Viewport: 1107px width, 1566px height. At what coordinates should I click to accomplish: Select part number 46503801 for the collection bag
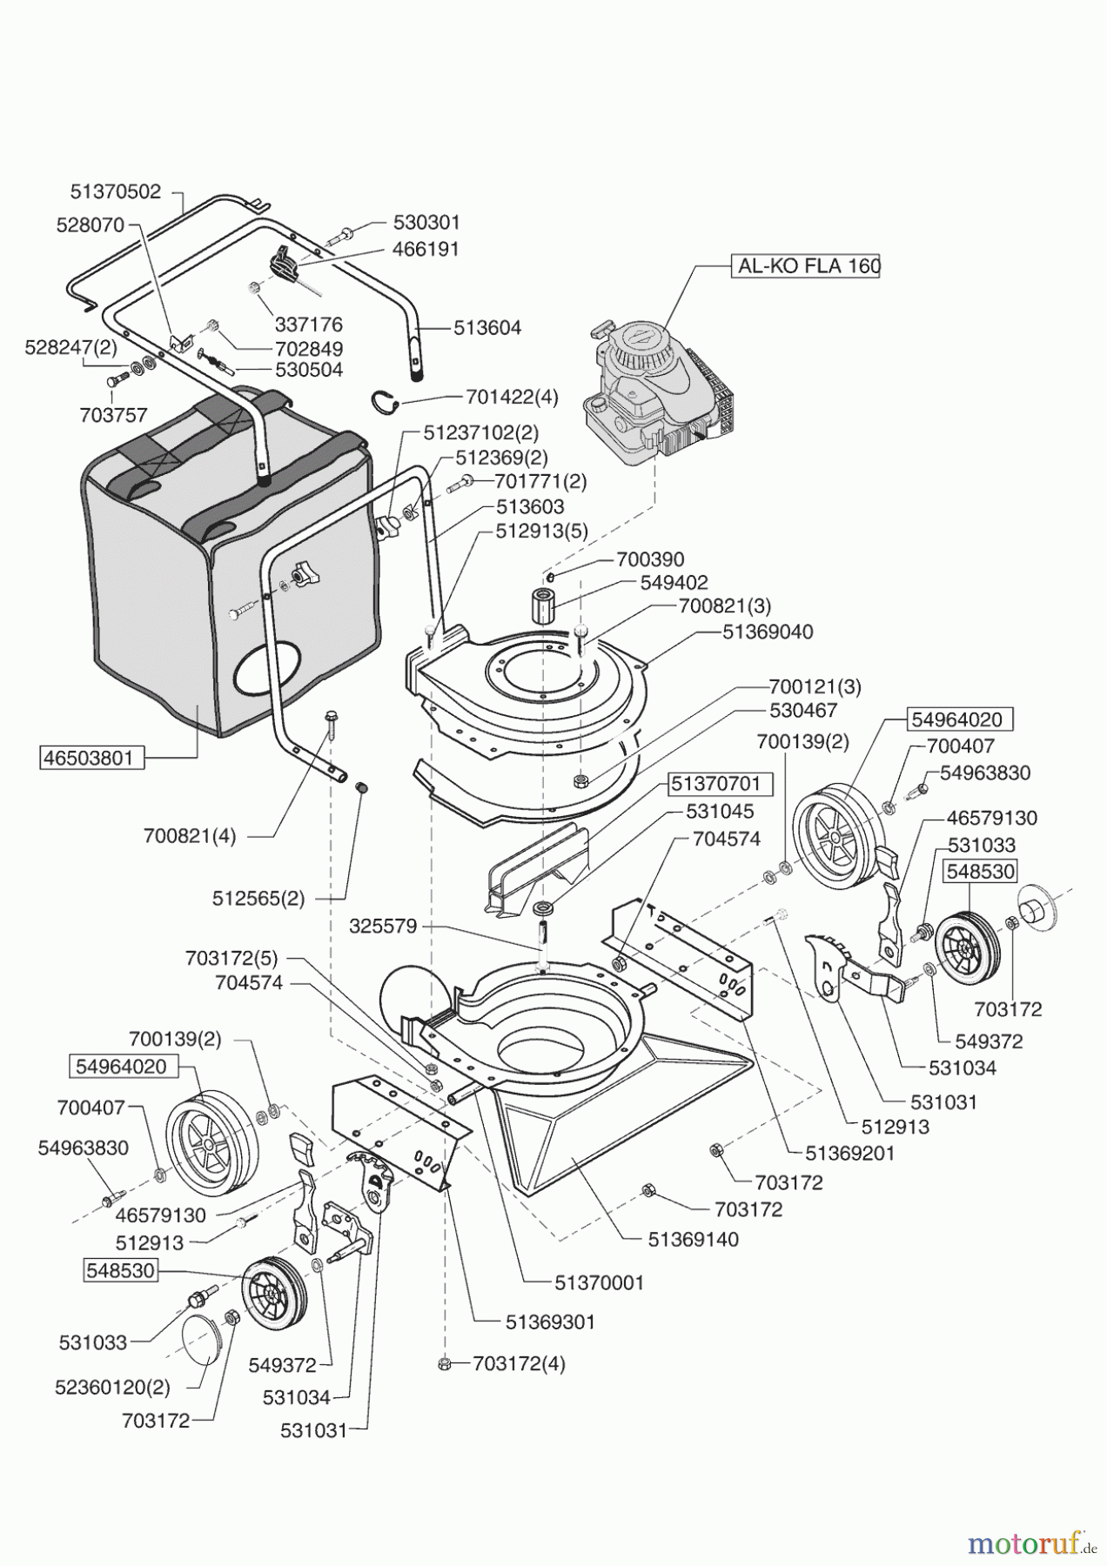click(x=91, y=758)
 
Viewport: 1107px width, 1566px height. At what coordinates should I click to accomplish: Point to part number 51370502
click(x=116, y=192)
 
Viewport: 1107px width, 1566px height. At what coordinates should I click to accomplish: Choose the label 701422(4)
click(x=512, y=398)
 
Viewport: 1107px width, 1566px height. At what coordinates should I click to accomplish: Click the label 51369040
click(x=768, y=632)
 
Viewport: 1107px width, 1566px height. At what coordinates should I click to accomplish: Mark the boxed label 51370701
click(x=715, y=784)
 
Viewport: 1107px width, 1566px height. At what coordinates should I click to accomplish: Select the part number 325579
click(x=384, y=927)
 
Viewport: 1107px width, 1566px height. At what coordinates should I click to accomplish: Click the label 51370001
click(x=600, y=1282)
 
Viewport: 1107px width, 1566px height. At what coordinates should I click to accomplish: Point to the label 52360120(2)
click(x=115, y=1386)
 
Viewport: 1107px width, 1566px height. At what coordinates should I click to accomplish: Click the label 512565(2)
click(x=258, y=898)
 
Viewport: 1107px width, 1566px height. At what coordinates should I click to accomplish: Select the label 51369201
click(x=850, y=1153)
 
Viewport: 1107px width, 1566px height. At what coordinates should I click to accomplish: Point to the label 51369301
click(x=550, y=1322)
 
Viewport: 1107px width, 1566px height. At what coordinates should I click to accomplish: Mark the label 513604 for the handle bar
click(x=487, y=328)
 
